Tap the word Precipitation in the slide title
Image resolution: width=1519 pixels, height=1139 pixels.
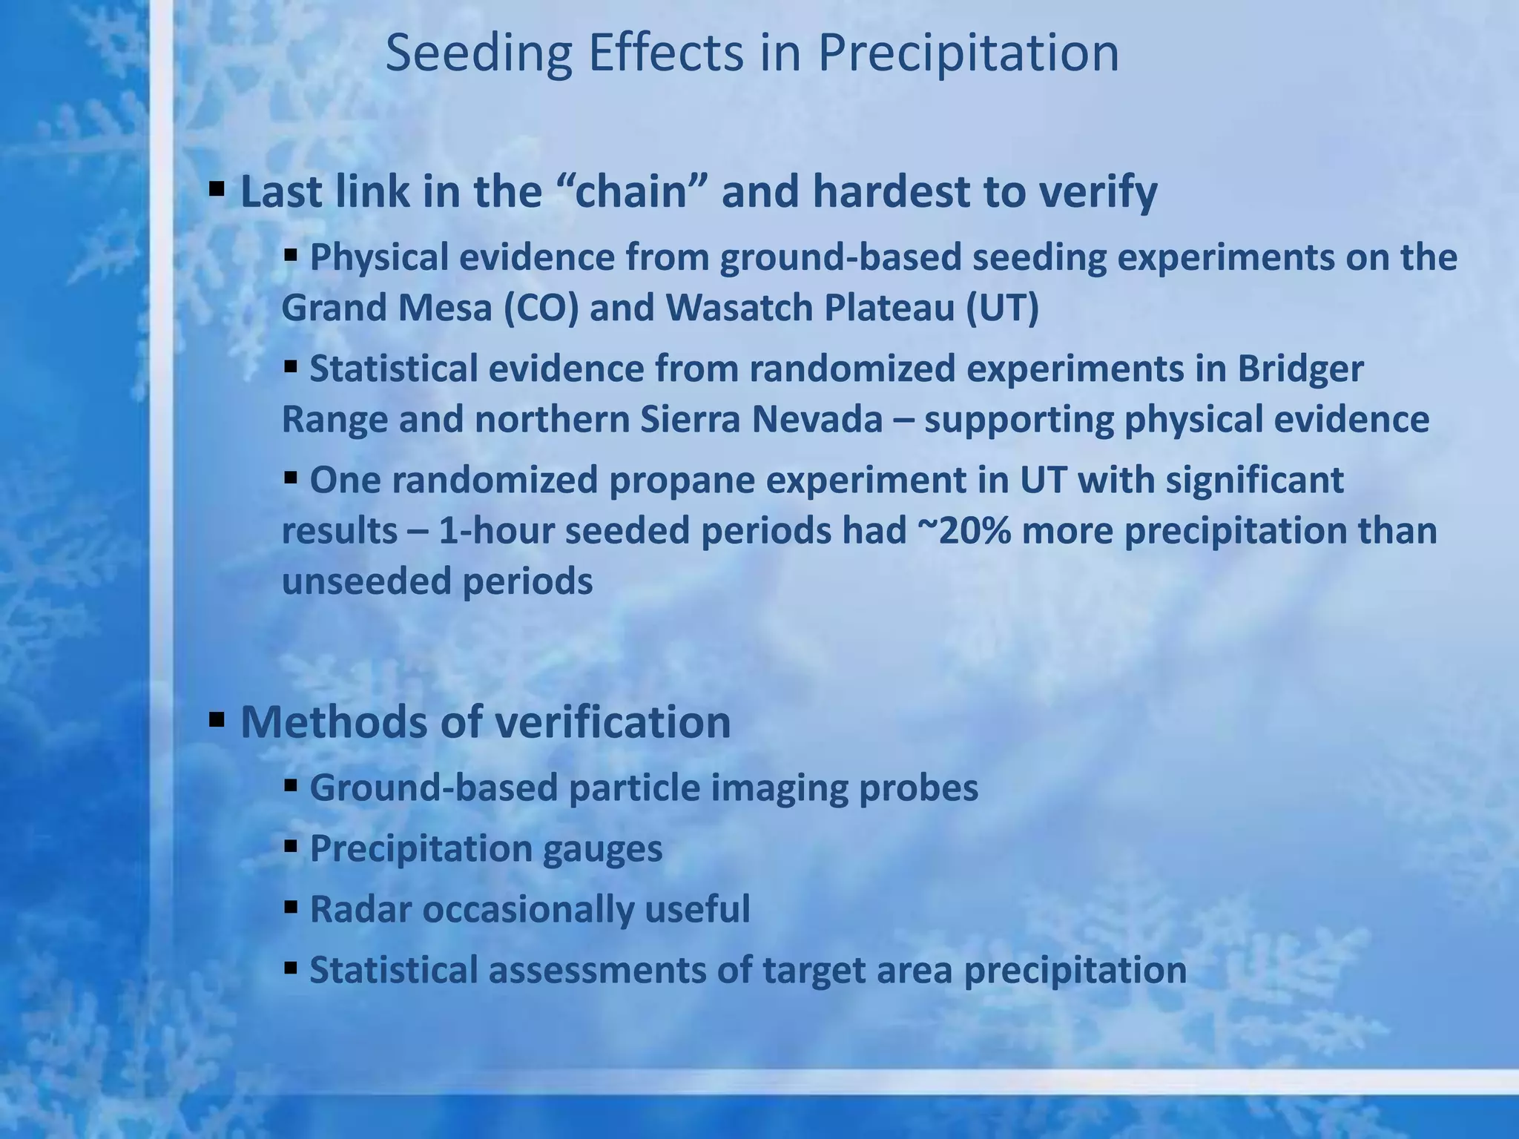coord(968,55)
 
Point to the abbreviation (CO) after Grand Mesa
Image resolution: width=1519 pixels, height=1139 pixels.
coord(541,308)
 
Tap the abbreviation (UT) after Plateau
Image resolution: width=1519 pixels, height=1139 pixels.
coord(1002,308)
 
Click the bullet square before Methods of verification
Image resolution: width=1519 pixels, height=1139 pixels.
coord(217,719)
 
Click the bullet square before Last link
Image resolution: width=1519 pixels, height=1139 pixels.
coord(217,189)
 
